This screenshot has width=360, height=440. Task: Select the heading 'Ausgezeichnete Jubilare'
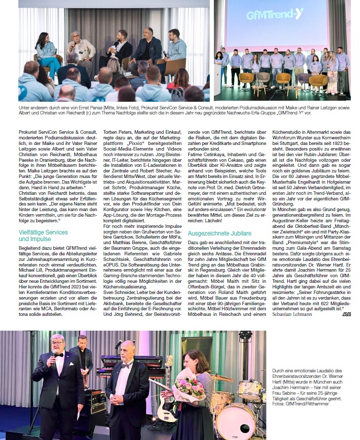219,233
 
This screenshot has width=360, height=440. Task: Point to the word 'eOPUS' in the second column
113,272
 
